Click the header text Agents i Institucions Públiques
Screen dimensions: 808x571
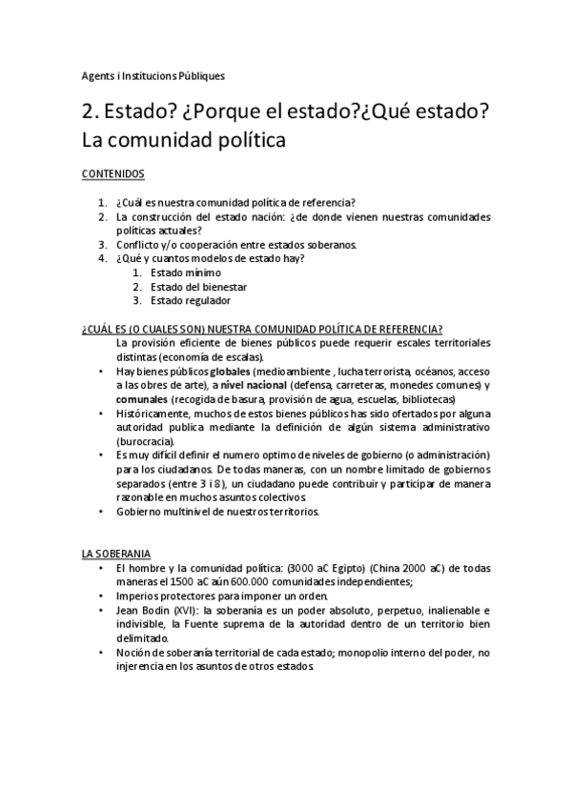(x=153, y=76)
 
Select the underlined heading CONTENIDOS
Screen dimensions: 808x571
(x=113, y=175)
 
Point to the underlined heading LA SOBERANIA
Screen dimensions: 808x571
(x=115, y=554)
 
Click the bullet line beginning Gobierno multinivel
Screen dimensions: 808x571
(x=217, y=512)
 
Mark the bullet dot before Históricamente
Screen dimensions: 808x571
(x=102, y=414)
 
